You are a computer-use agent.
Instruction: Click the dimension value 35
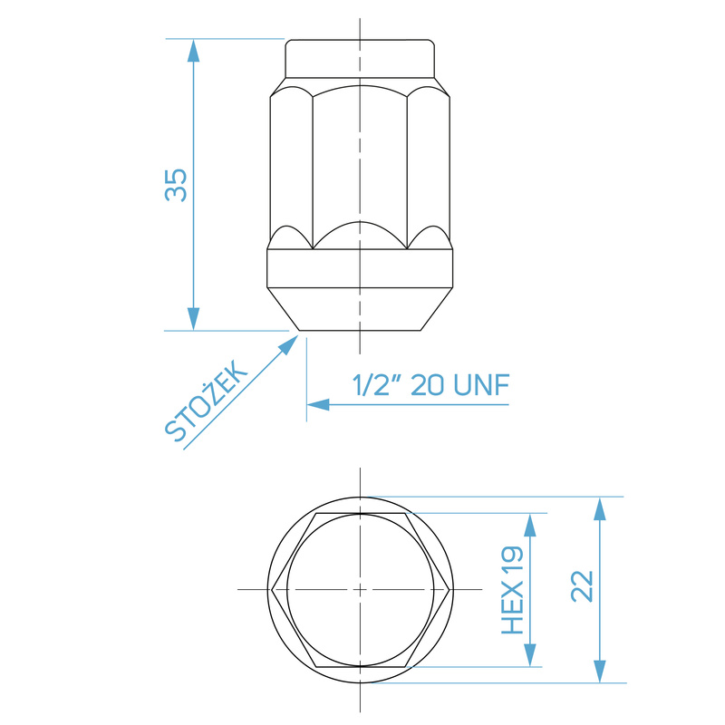point(176,185)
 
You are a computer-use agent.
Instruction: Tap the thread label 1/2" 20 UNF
point(431,384)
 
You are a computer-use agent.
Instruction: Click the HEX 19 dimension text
point(512,590)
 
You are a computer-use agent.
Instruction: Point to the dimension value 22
point(582,586)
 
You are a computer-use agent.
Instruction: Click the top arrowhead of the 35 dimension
point(193,50)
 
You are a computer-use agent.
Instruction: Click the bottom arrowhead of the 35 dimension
point(193,319)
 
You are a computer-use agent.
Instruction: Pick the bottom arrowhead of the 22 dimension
point(599,672)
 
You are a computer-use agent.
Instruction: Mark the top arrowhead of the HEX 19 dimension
point(527,524)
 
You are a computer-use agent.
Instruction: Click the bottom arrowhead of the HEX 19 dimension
point(527,655)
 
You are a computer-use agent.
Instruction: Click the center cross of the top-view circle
point(361,590)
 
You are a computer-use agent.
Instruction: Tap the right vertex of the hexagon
point(450,590)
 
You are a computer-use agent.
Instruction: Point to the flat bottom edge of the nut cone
point(361,330)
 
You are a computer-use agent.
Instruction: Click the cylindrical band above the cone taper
point(360,267)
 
